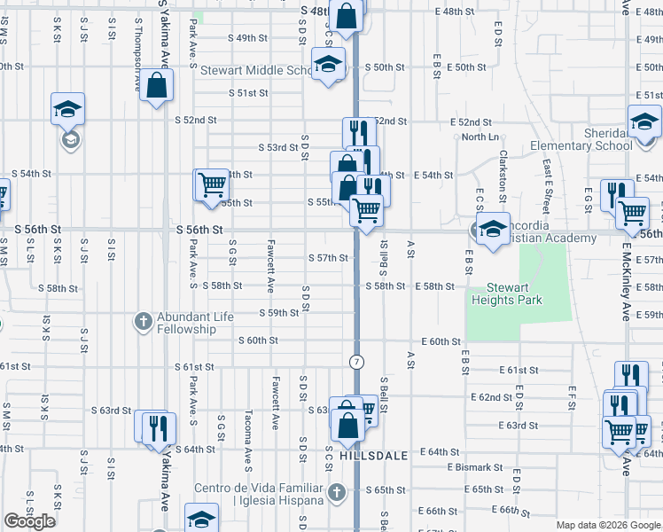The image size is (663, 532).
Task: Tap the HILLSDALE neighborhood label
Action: (373, 455)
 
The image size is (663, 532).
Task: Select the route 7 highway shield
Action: (355, 362)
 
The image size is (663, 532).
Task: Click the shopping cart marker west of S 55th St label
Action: (211, 185)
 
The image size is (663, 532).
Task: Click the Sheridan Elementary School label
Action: (581, 140)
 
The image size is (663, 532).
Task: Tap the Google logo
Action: (29, 521)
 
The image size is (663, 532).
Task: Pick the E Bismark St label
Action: (475, 467)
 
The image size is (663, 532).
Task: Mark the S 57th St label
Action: (328, 258)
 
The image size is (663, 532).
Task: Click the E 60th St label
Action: (441, 341)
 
